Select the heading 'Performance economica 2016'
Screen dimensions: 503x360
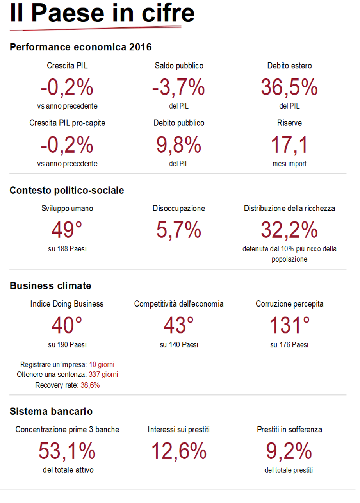80,47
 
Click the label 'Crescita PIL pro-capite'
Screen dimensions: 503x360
67,123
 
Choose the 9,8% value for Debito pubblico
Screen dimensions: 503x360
178,144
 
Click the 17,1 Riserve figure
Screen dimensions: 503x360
289,144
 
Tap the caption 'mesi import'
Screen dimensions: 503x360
289,164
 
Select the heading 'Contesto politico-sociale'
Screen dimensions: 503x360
67,190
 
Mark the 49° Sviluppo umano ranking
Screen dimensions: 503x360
67,230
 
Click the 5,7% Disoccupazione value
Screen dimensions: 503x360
178,230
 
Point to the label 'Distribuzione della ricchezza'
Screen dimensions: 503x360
289,209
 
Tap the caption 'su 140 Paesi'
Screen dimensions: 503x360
178,345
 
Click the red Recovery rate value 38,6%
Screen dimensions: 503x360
90,385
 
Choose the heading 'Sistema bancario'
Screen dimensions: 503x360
51,411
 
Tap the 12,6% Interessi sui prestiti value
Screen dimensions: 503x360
178,451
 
